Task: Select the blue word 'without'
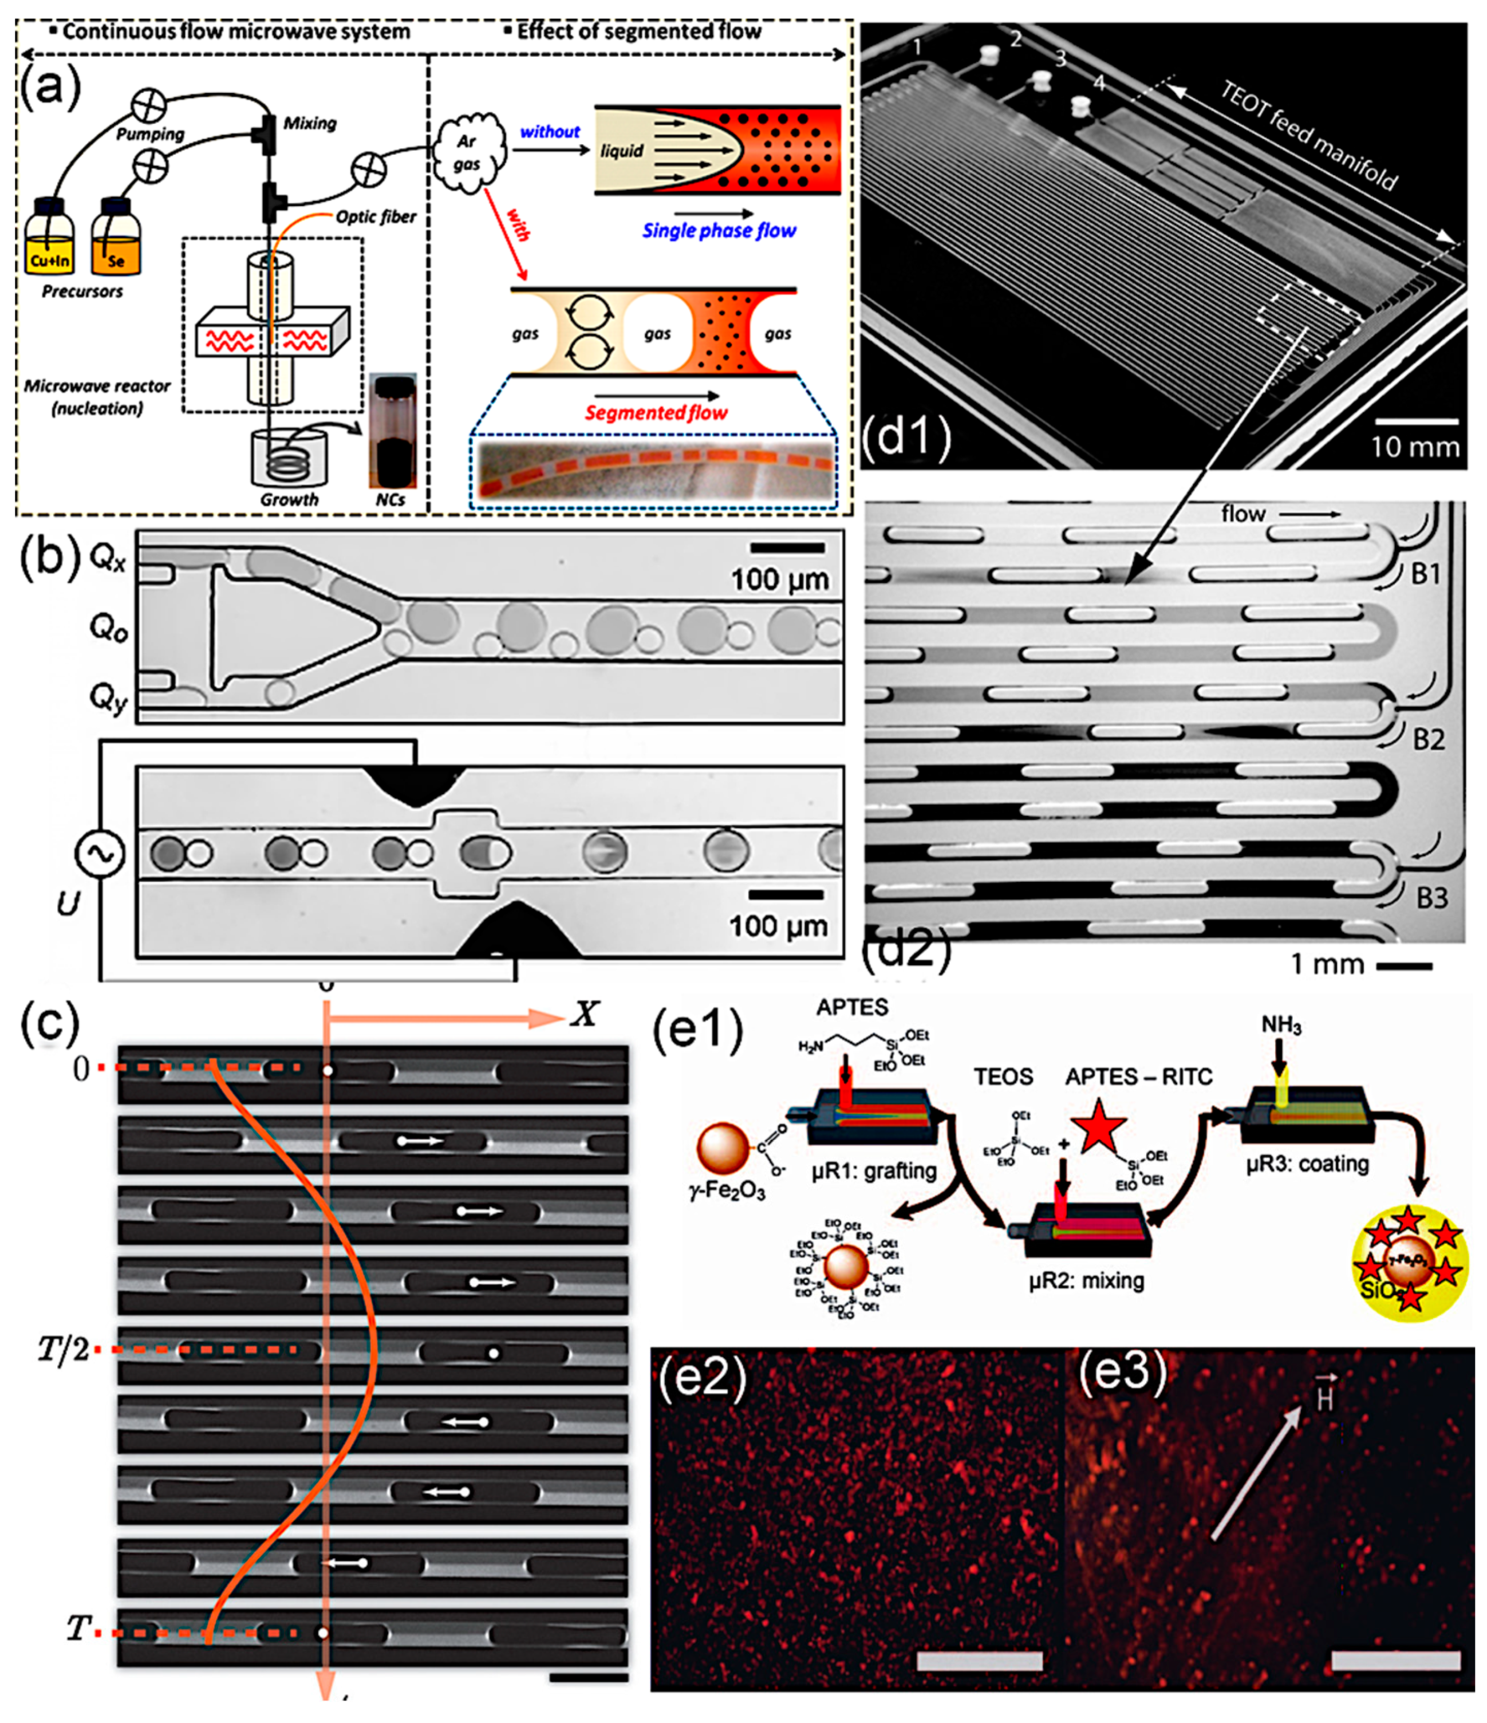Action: [550, 131]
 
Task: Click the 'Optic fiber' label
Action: [376, 217]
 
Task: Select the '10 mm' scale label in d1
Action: [1414, 447]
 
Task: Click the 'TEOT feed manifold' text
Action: [1308, 136]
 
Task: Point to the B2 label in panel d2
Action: [1429, 739]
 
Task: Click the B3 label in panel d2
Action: [1431, 898]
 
